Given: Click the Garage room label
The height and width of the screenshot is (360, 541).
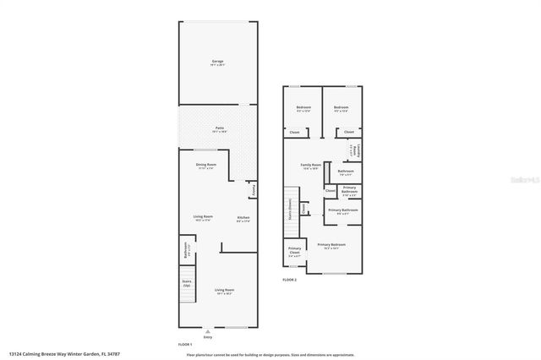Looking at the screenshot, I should click(x=218, y=63).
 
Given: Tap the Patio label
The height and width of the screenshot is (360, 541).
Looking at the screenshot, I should click(x=218, y=129).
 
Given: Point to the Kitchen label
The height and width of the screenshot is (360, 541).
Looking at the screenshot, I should click(x=243, y=218).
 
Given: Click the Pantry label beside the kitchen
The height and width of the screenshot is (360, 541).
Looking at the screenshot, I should click(x=251, y=189).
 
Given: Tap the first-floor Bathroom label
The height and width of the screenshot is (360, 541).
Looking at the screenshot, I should click(x=186, y=250).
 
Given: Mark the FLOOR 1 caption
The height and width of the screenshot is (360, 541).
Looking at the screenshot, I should click(x=185, y=344).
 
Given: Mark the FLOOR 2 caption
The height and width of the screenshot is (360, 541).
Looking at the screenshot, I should click(x=290, y=280).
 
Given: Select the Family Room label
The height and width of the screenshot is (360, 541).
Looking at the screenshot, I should click(x=311, y=165).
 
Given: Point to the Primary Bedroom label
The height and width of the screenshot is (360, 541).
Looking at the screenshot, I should click(x=333, y=246).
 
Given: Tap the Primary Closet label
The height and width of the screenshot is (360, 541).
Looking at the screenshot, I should click(x=293, y=250).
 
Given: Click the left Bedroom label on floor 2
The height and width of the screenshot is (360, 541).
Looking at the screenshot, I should click(x=303, y=108).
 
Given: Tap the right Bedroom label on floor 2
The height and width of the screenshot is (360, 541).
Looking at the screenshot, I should click(x=341, y=108).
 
